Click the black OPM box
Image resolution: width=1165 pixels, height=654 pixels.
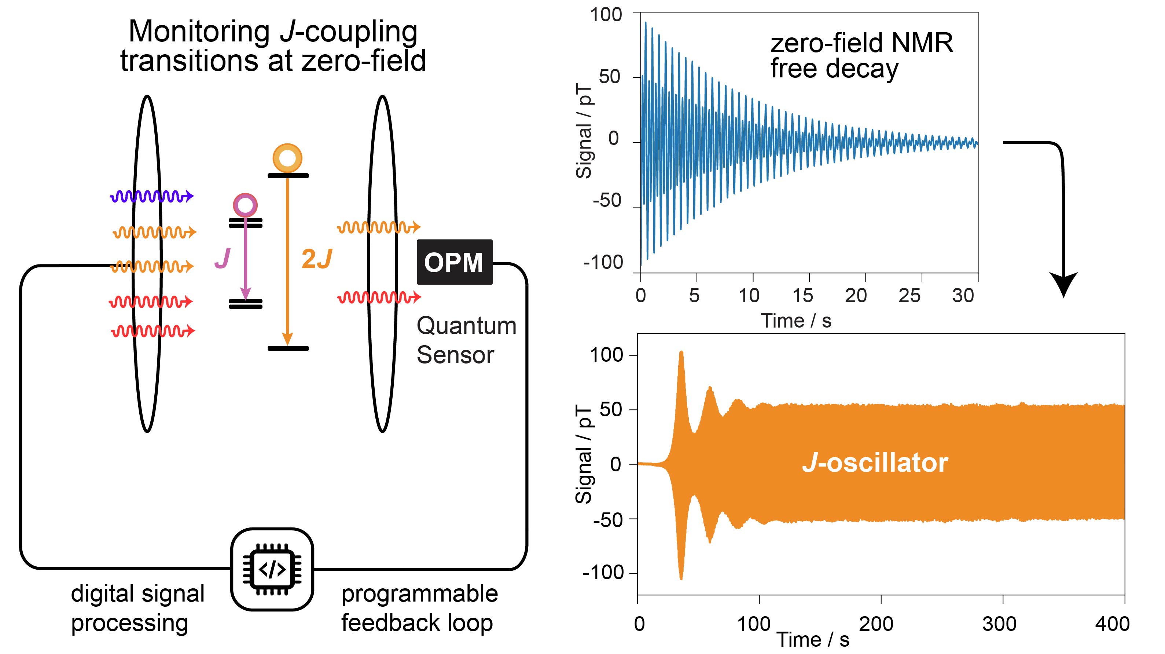(454, 262)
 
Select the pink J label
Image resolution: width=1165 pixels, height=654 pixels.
(223, 259)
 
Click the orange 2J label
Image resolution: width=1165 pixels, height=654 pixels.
(317, 259)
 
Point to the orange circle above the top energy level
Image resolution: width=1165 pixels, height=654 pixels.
(287, 158)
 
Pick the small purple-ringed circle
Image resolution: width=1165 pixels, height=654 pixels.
(245, 205)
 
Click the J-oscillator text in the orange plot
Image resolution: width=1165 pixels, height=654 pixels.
(875, 463)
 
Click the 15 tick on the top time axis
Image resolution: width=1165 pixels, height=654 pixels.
(803, 296)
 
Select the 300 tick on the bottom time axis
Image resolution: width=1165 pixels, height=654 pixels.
(999, 624)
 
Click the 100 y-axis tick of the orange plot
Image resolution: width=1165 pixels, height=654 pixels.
(606, 355)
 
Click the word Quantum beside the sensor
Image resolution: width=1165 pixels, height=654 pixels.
(466, 325)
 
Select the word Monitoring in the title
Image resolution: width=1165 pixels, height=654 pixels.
(199, 32)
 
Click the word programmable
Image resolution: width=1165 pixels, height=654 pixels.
(419, 593)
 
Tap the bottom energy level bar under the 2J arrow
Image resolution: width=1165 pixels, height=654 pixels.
(288, 348)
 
